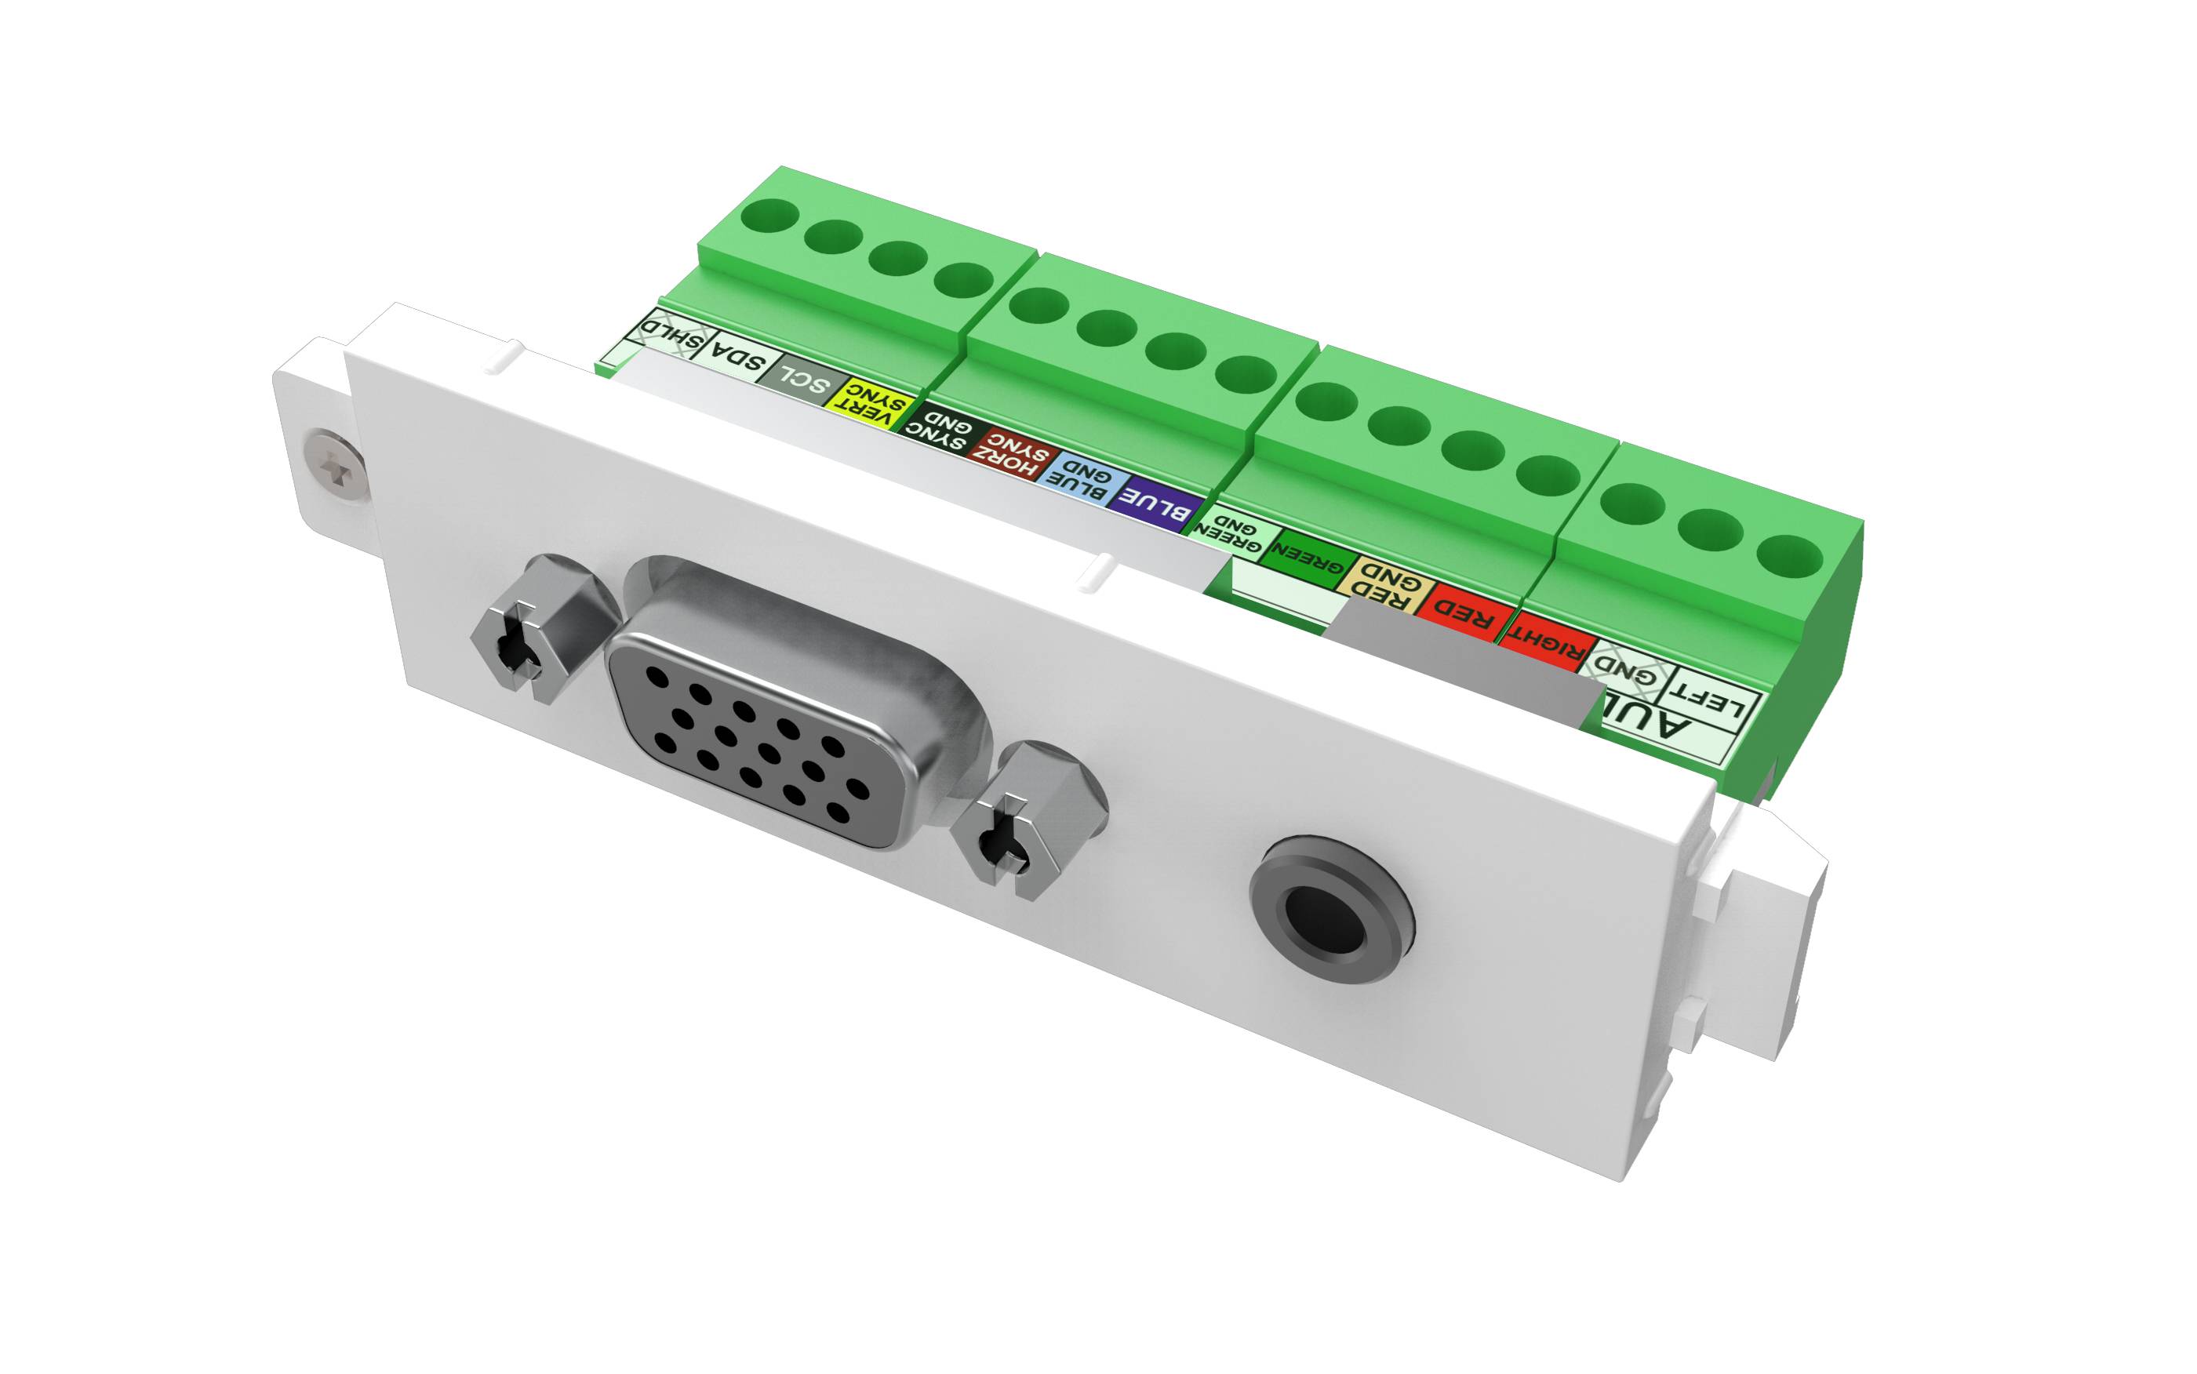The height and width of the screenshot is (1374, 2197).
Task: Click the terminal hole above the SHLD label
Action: (769, 217)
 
